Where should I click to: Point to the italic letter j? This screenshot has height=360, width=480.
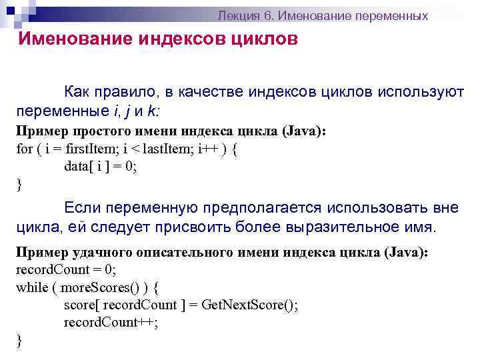coord(125,110)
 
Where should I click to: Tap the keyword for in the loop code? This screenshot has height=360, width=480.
coord(23,149)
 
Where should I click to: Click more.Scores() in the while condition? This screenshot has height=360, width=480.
coord(95,288)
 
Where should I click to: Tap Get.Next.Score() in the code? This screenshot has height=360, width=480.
coord(253,305)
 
